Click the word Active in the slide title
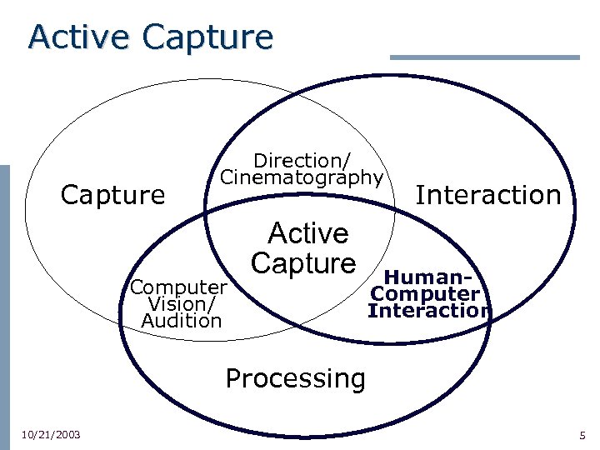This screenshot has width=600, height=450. pyautogui.click(x=80, y=37)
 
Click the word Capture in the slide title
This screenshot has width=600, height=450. pyautogui.click(x=207, y=37)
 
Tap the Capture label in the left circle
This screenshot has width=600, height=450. pyautogui.click(x=113, y=195)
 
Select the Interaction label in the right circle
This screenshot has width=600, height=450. pyautogui.click(x=488, y=195)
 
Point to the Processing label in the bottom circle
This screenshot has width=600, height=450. pyautogui.click(x=295, y=378)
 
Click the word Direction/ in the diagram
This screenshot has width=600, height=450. pyautogui.click(x=302, y=159)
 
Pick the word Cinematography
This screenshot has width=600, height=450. pyautogui.click(x=302, y=177)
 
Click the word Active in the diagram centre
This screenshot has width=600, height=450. pyautogui.click(x=307, y=232)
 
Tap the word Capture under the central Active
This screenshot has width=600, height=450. pyautogui.click(x=303, y=263)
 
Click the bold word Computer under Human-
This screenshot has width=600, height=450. pyautogui.click(x=426, y=294)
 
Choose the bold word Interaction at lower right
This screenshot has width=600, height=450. pyautogui.click(x=430, y=311)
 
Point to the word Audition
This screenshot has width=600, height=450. pyautogui.click(x=182, y=321)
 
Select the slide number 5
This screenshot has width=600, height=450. pyautogui.click(x=582, y=435)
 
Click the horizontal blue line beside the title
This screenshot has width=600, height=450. pyautogui.click(x=484, y=57)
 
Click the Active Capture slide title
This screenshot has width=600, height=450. pyautogui.click(x=150, y=37)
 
